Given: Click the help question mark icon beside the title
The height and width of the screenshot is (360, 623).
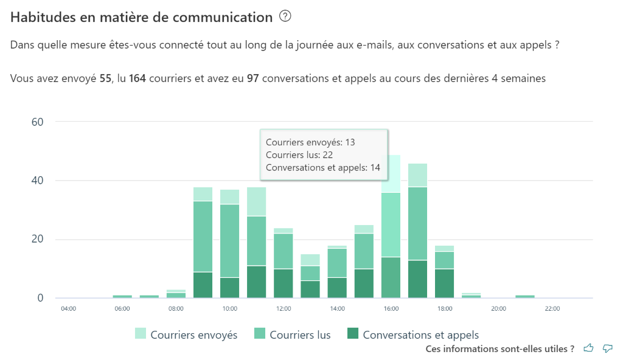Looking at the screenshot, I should click(x=285, y=17).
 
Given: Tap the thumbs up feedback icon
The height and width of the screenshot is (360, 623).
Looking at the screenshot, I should click(x=588, y=348).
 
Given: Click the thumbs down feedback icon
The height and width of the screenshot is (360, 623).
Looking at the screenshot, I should click(x=607, y=348).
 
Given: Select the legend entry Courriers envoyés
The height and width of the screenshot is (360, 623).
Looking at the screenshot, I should click(x=186, y=334).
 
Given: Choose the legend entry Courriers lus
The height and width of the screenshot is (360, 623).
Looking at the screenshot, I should click(x=293, y=334).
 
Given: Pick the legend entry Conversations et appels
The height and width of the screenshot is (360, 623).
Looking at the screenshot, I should click(x=412, y=334).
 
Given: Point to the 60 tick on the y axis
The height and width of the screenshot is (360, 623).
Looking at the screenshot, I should click(x=37, y=122).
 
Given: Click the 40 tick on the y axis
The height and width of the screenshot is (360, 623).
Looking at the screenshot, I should click(x=37, y=181).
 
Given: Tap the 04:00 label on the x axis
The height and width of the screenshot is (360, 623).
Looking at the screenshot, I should click(x=69, y=309).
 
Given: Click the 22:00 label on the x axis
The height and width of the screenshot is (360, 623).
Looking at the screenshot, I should click(x=552, y=309).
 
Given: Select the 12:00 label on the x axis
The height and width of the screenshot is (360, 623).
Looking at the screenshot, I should click(x=284, y=309).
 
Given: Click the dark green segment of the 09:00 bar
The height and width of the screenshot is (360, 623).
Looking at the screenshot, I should click(x=203, y=285).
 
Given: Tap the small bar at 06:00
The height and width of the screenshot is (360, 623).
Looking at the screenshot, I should click(x=122, y=296).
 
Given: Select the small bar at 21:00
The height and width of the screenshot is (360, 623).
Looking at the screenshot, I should click(x=524, y=296).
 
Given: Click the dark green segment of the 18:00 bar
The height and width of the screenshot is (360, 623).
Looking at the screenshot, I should click(x=444, y=283).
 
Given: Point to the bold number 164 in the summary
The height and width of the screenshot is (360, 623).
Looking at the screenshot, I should click(x=137, y=78).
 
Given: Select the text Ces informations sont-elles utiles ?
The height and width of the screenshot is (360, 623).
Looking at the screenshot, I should click(x=500, y=349).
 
